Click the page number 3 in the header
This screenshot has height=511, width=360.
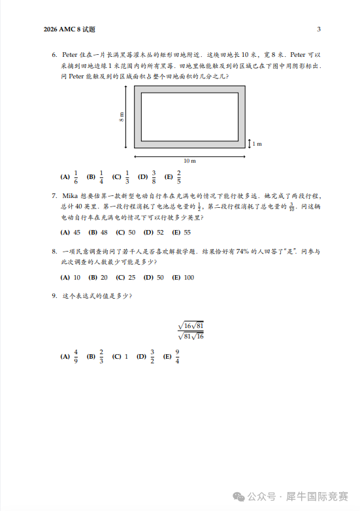318,29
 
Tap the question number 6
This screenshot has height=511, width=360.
54,55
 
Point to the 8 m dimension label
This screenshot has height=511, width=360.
122,117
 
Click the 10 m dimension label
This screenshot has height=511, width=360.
189,161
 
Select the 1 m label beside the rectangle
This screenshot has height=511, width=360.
257,144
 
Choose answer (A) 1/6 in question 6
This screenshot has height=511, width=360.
69,176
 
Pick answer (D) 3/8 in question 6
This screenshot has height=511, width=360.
148,176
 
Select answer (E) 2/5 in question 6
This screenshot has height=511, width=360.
173,176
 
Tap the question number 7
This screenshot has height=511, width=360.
54,195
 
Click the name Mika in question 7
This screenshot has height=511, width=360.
70,195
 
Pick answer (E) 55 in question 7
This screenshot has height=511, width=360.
181,232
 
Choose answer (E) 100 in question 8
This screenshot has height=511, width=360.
183,277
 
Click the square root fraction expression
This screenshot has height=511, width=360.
190,331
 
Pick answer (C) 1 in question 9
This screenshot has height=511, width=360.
120,357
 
